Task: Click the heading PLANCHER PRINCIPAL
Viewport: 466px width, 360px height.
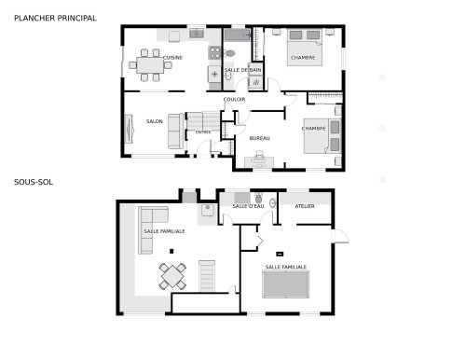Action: tap(55, 17)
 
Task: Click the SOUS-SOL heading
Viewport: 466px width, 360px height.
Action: tap(34, 182)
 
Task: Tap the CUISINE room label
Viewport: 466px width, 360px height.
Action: tap(172, 58)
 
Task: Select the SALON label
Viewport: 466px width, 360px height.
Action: tap(154, 121)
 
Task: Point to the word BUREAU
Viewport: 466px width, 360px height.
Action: tap(259, 139)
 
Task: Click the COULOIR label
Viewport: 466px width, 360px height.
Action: tap(234, 99)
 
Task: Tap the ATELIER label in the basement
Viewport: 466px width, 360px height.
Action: tap(305, 206)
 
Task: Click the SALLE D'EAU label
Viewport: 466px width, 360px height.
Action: tap(247, 206)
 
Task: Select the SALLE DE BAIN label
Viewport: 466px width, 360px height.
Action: tap(242, 71)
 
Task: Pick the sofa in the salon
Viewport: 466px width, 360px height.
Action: tap(174, 132)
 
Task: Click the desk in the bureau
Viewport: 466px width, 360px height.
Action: tap(258, 160)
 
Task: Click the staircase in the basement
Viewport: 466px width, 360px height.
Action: tap(206, 275)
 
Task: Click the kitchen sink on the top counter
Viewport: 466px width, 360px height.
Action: tap(197, 35)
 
